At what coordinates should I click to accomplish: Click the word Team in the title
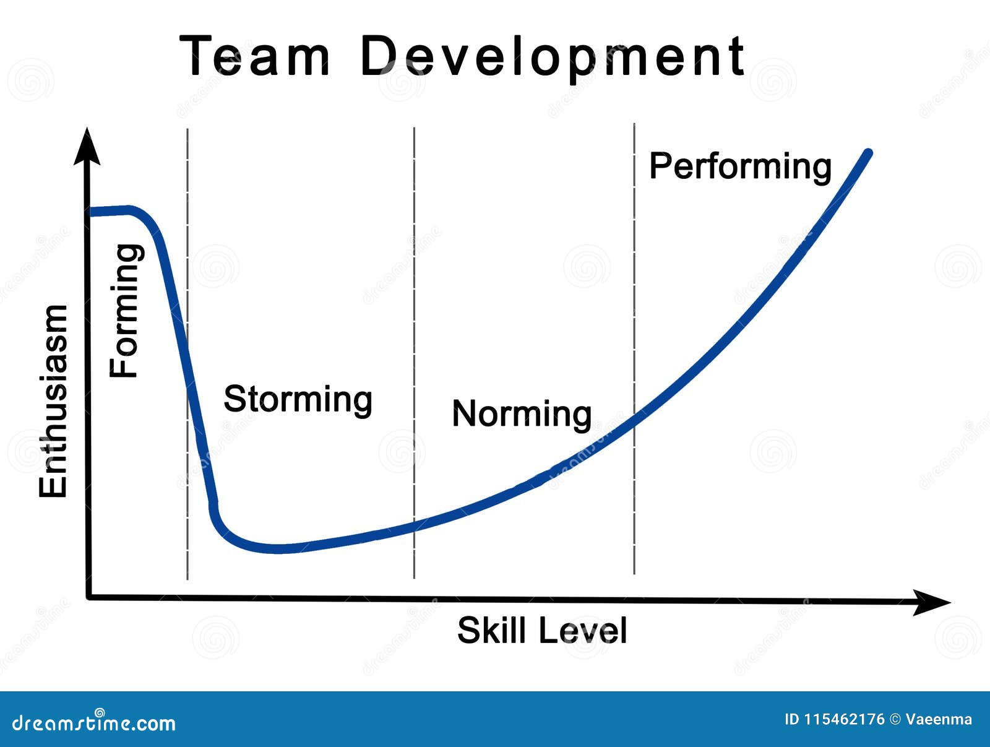(255, 56)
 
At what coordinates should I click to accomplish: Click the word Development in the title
(552, 58)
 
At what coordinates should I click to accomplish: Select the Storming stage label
(298, 399)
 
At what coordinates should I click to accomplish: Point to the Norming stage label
(522, 413)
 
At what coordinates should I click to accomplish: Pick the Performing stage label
(740, 166)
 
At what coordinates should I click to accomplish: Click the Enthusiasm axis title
(53, 401)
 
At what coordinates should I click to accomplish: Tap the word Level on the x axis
(583, 631)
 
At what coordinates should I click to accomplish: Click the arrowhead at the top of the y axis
(87, 147)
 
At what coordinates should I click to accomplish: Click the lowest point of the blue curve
(278, 549)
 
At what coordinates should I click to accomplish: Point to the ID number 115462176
(844, 719)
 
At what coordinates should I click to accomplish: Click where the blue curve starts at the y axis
(92, 212)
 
